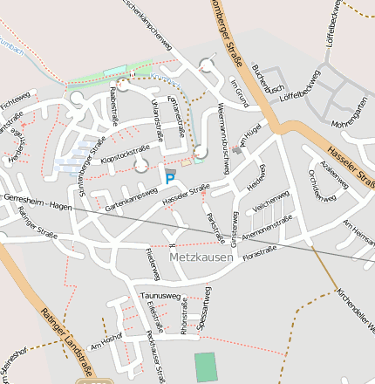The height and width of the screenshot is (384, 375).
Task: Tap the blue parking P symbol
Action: tap(171, 179)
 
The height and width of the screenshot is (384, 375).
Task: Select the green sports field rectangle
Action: tap(204, 367)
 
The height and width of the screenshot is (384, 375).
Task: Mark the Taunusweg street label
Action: tap(160, 297)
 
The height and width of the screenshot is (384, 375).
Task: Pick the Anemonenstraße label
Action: tap(267, 228)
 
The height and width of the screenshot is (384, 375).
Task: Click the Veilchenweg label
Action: tap(270, 203)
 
